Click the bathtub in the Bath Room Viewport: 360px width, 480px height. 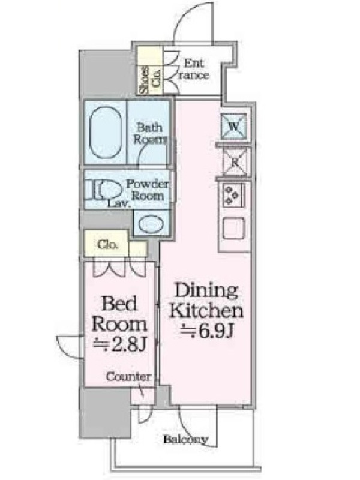click(106, 132)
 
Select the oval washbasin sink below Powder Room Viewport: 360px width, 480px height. click(151, 223)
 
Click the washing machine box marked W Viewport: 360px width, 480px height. click(233, 127)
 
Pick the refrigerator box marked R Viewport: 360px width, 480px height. click(235, 162)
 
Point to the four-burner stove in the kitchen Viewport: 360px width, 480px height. click(233, 196)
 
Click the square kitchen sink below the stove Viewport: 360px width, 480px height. click(233, 229)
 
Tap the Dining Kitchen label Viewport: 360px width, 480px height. click(206, 301)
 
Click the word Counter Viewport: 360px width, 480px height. click(128, 377)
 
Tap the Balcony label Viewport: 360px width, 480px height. click(186, 440)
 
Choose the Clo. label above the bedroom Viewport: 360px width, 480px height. click(107, 245)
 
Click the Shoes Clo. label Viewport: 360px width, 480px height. click(149, 80)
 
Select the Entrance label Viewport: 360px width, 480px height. click(194, 70)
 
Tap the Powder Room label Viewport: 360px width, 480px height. click(148, 190)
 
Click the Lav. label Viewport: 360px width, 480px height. click(119, 204)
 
